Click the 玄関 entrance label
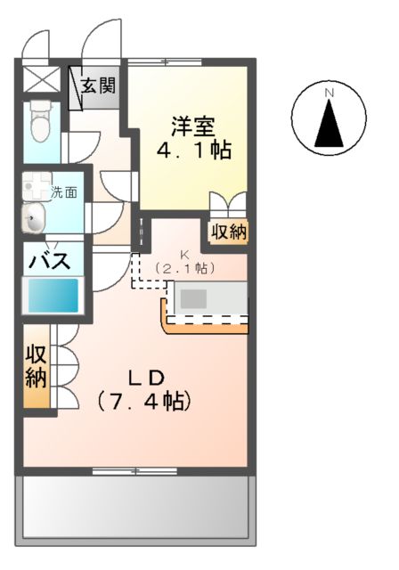pyautogui.click(x=100, y=86)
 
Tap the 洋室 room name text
pyautogui.click(x=192, y=124)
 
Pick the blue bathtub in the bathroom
pyautogui.click(x=54, y=294)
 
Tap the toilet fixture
pyautogui.click(x=41, y=122)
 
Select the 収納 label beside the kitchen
pyautogui.click(x=229, y=232)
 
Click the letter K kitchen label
pyautogui.click(x=185, y=254)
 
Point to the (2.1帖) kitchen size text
pyautogui.click(x=185, y=266)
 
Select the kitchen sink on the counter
pyautogui.click(x=194, y=298)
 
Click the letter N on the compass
pyautogui.click(x=329, y=93)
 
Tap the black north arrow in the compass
pyautogui.click(x=329, y=125)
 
